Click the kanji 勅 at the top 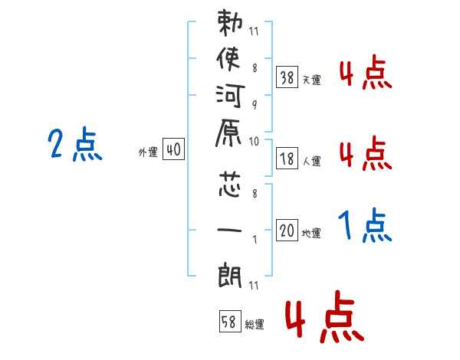pyautogui.click(x=231, y=28)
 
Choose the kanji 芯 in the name pyautogui.click(x=231, y=186)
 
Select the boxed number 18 pyautogui.click(x=287, y=159)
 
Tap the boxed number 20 pyautogui.click(x=287, y=231)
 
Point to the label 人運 pyautogui.click(x=311, y=162)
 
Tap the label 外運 pyautogui.click(x=148, y=152)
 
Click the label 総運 pyautogui.click(x=254, y=325)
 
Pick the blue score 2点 pyautogui.click(x=74, y=146)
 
